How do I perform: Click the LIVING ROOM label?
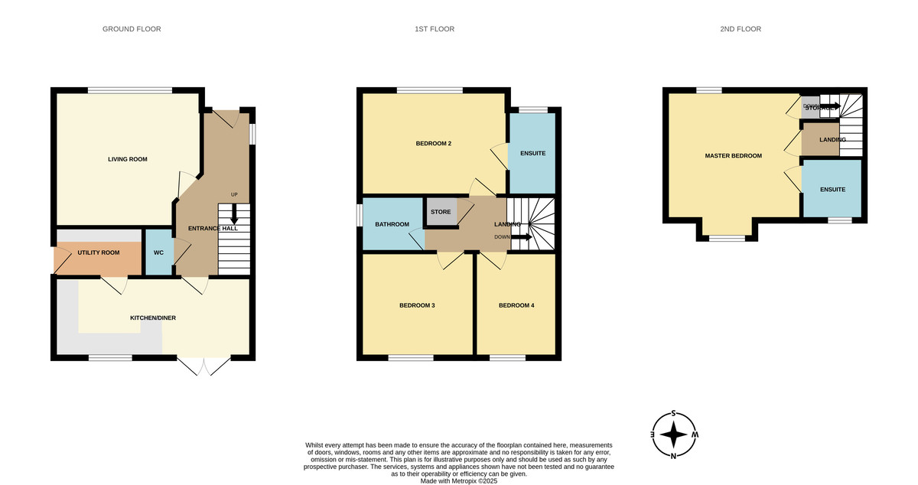click(127, 159)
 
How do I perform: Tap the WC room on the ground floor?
click(159, 252)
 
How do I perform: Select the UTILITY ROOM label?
click(99, 252)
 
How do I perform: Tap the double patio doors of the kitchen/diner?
click(204, 366)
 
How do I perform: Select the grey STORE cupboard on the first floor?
click(441, 211)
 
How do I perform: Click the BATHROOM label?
click(392, 224)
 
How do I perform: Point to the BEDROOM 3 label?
click(417, 305)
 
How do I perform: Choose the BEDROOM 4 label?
click(516, 305)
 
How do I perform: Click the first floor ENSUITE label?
click(532, 154)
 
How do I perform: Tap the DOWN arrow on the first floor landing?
click(522, 237)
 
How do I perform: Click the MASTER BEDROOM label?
click(733, 156)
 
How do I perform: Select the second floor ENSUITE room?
click(832, 188)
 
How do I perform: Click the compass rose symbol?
click(673, 435)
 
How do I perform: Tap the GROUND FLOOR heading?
click(132, 29)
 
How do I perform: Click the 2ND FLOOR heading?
click(740, 29)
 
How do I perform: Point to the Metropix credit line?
click(459, 481)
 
